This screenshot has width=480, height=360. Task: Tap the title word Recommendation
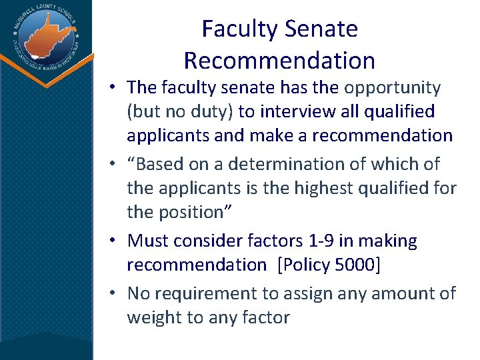[x=279, y=61]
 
